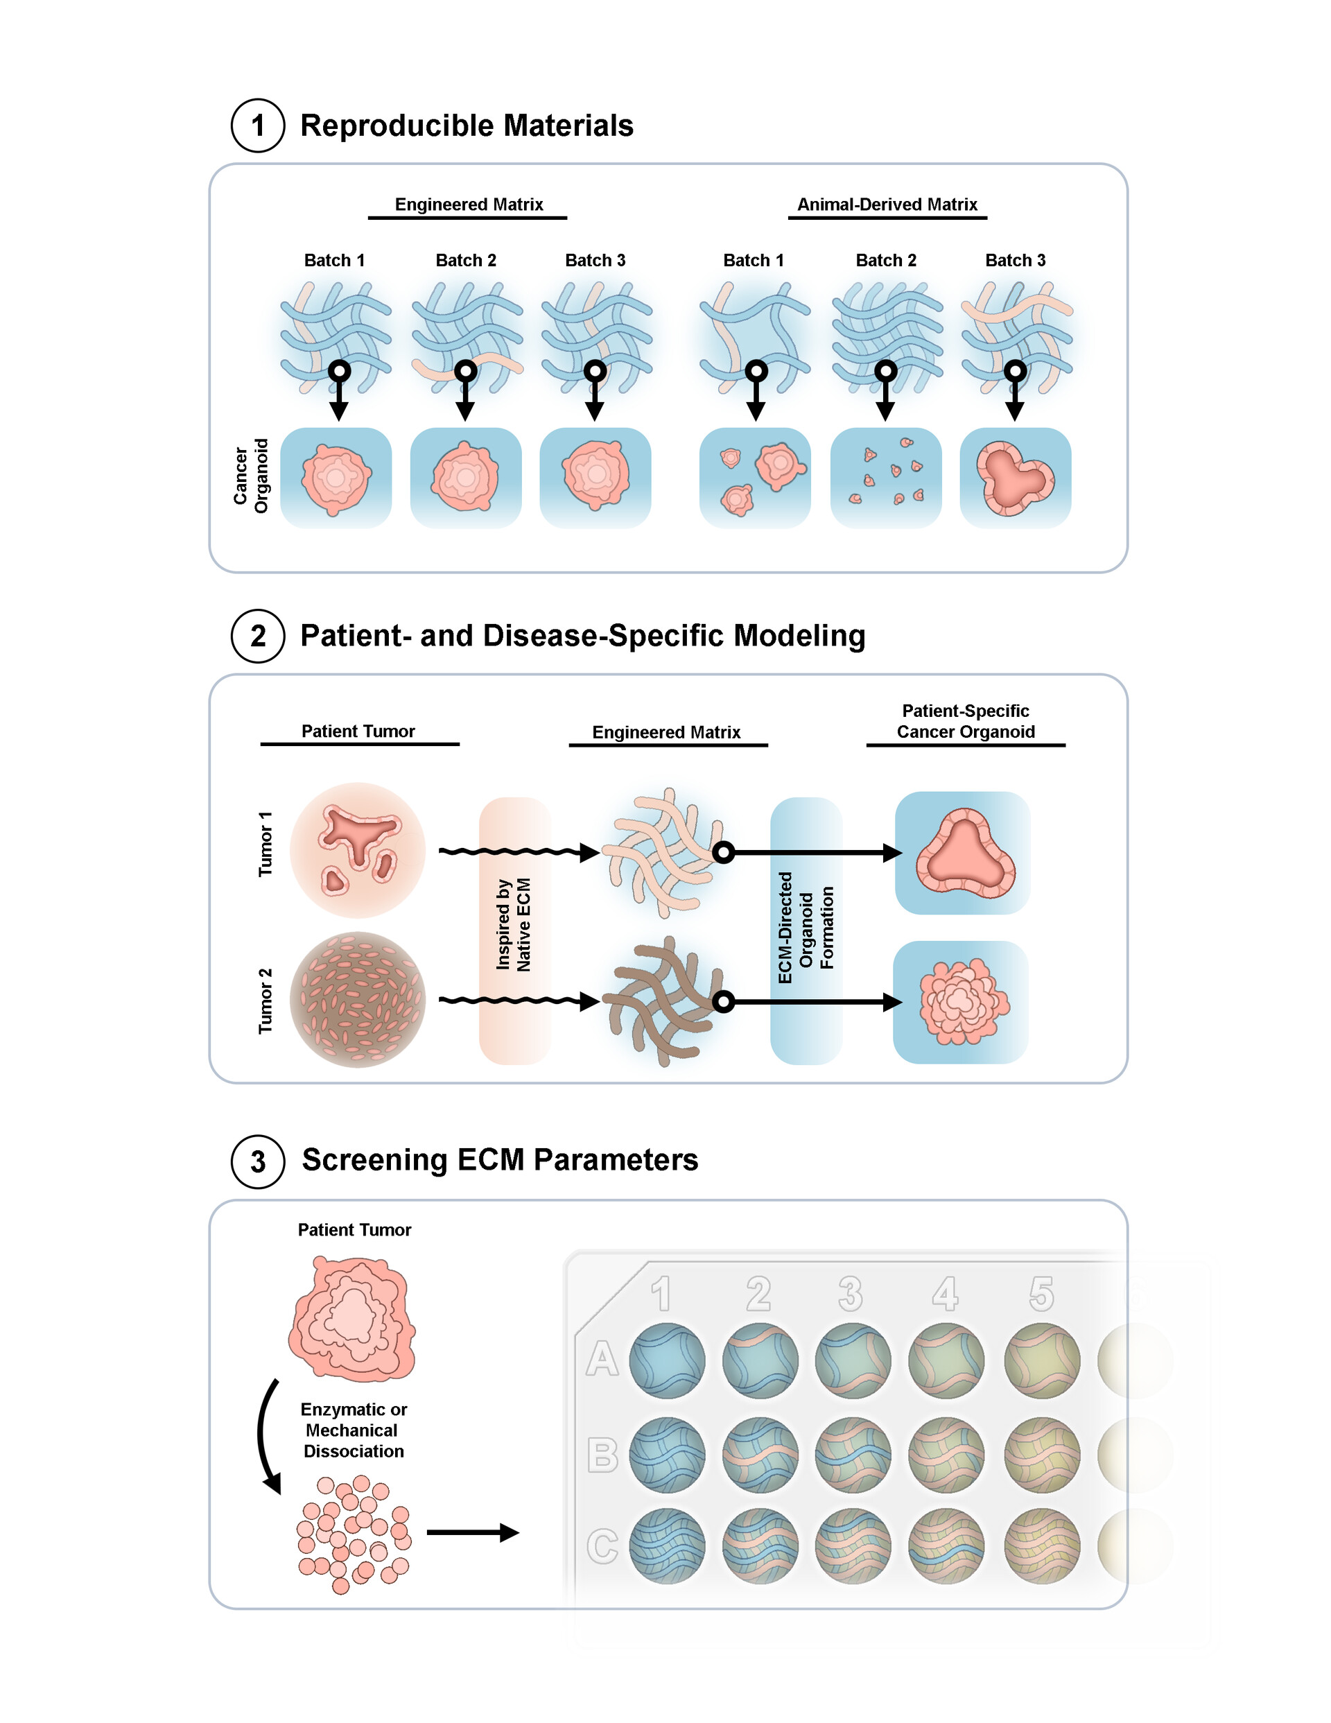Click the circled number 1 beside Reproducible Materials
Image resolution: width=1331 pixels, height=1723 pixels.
(x=257, y=125)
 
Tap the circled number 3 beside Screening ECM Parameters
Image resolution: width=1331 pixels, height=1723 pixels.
(x=257, y=1161)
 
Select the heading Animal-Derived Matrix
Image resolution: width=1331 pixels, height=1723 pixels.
(x=887, y=205)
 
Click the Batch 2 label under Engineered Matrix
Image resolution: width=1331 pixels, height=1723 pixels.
(x=465, y=260)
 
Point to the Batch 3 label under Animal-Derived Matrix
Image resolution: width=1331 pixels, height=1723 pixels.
(x=1015, y=260)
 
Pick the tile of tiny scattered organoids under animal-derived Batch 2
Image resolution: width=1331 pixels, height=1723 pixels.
(x=885, y=477)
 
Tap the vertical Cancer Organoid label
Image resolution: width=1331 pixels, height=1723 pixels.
(x=251, y=476)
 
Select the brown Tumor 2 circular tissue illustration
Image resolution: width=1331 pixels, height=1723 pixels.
(x=358, y=1000)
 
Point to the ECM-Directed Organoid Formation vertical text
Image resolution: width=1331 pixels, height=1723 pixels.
(x=806, y=927)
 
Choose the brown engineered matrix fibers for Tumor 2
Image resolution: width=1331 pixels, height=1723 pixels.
(x=661, y=1002)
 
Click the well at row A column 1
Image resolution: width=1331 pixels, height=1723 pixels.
(x=667, y=1361)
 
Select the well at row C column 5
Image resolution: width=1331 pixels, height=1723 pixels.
(x=1041, y=1546)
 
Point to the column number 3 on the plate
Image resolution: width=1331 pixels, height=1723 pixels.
(x=850, y=1294)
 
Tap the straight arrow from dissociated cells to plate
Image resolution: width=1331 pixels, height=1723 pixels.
(x=472, y=1532)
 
